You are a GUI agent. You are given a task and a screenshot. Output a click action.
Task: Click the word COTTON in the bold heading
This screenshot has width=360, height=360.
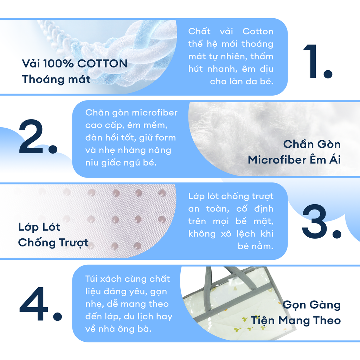(x=102, y=64)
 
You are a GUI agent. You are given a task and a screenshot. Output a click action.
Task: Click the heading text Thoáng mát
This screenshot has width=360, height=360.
(x=56, y=79)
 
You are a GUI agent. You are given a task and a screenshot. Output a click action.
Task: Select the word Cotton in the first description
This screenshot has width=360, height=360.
(x=258, y=31)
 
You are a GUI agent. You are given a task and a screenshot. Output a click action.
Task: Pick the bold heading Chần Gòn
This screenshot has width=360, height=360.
(x=312, y=144)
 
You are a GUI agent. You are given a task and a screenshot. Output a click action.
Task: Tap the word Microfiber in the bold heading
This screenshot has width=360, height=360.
(x=277, y=160)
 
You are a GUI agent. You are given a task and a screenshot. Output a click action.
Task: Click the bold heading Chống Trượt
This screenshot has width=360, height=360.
(x=53, y=243)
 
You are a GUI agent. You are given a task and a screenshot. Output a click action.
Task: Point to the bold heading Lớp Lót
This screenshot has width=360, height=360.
(x=39, y=227)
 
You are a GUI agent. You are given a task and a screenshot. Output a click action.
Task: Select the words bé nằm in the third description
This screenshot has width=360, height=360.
(x=256, y=246)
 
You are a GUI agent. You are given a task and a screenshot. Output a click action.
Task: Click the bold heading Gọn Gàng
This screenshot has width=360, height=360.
(x=311, y=305)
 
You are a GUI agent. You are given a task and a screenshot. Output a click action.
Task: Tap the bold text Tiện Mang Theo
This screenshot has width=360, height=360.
(x=296, y=321)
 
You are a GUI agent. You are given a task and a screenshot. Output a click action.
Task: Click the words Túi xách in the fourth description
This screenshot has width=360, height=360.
(x=104, y=279)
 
